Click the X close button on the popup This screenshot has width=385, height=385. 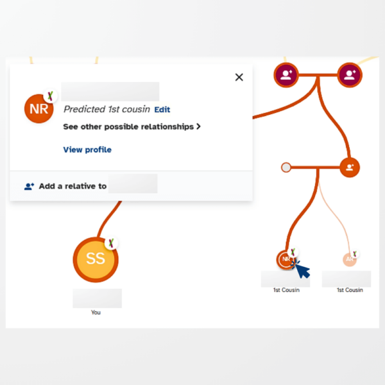click(239, 77)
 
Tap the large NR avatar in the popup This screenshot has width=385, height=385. click(38, 108)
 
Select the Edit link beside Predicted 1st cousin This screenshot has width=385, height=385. click(162, 110)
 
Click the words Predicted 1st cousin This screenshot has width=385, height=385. click(107, 110)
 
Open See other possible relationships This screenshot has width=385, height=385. click(128, 127)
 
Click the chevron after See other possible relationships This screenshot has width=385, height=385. click(198, 127)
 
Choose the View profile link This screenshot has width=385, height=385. click(87, 150)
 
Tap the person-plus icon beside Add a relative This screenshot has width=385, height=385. click(29, 187)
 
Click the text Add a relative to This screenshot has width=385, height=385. click(73, 187)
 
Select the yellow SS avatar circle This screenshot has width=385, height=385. click(96, 259)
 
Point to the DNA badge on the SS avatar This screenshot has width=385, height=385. click(112, 243)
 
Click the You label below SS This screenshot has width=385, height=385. click(96, 312)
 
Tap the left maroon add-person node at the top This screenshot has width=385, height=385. click(286, 74)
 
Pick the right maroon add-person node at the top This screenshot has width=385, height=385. click(350, 74)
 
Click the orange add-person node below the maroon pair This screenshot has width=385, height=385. click(350, 167)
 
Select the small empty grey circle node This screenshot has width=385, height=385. click(286, 167)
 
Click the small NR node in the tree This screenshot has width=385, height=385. click(285, 259)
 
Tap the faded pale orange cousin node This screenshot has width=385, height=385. click(349, 259)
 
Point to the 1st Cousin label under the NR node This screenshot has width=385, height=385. click(286, 290)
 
